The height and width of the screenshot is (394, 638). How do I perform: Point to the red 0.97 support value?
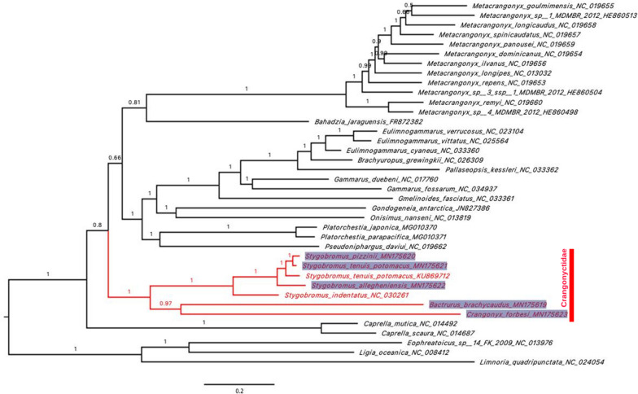(x=166, y=303)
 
